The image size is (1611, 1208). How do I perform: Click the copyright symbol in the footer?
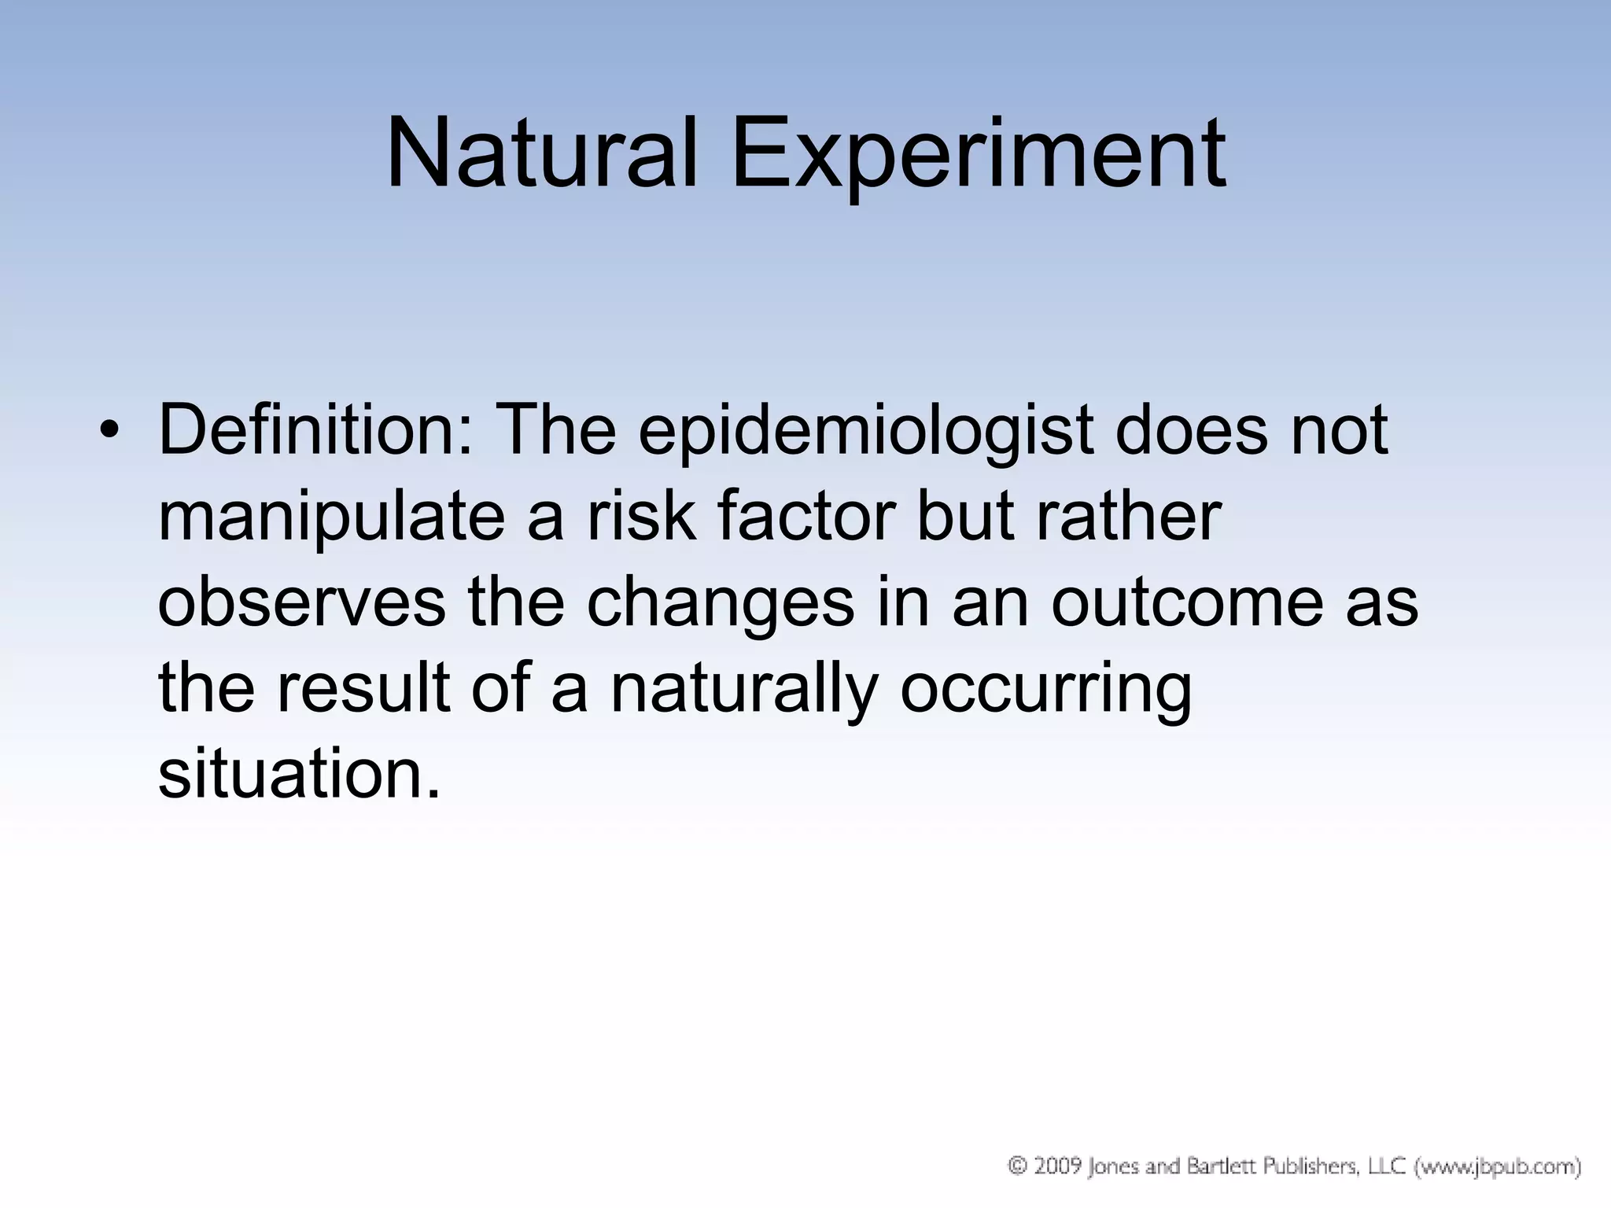[1018, 1166]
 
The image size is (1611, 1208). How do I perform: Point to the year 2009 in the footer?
[1056, 1166]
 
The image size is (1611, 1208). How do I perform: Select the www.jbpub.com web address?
[1498, 1166]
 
